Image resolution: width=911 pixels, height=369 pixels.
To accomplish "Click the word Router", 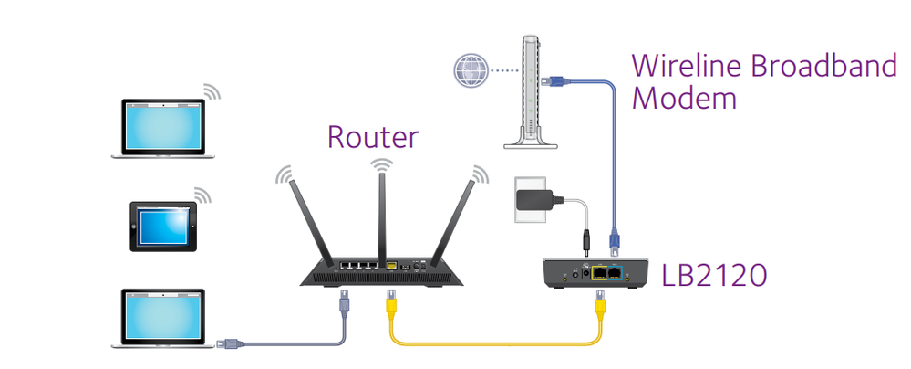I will pyautogui.click(x=373, y=137).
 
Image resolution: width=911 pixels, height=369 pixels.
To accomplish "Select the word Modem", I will pyautogui.click(x=684, y=97).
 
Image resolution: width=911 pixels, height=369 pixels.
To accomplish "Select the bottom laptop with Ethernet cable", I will pyautogui.click(x=162, y=316).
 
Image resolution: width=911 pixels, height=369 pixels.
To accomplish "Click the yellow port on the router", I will pyautogui.click(x=391, y=266).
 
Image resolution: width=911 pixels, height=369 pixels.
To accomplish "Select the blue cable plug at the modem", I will pyautogui.click(x=553, y=81).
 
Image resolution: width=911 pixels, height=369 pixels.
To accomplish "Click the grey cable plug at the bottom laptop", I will pyautogui.click(x=231, y=344).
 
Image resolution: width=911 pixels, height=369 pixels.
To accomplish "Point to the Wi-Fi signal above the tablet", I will pyautogui.click(x=201, y=195).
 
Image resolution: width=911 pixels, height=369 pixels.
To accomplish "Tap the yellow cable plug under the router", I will pyautogui.click(x=390, y=300).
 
